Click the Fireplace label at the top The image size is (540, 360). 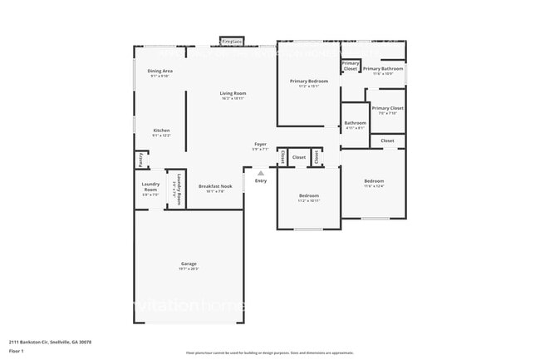[232, 41]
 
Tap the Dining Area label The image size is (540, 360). [160, 72]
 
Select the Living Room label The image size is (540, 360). [233, 93]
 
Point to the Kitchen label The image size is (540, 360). [161, 130]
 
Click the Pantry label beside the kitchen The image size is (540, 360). [142, 160]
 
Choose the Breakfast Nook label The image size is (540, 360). [215, 186]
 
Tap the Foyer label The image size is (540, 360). [260, 145]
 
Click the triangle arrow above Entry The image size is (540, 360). [260, 173]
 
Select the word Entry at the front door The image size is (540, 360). [261, 180]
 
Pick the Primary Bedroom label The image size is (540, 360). [309, 81]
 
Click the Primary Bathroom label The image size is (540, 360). [382, 68]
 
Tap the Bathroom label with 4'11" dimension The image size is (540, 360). [355, 123]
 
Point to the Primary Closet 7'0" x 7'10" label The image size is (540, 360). [387, 108]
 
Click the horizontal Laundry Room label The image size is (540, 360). [150, 185]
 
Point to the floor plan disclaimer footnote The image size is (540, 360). [269, 353]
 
